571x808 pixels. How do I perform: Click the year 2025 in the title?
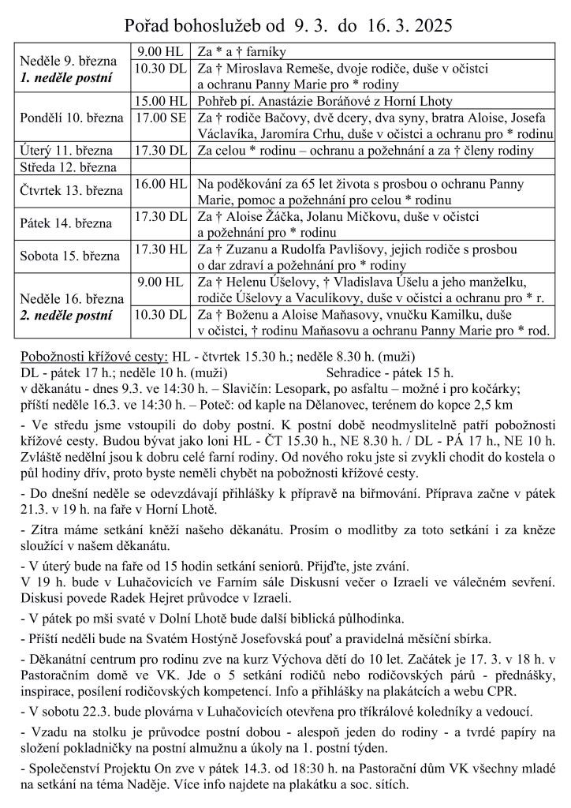click(430, 25)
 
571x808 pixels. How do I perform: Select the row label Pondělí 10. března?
click(72, 118)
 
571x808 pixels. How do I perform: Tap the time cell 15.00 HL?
click(161, 103)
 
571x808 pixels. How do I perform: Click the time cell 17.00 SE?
click(161, 118)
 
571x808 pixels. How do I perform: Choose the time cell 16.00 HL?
click(161, 183)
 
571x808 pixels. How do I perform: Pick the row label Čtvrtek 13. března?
click(72, 192)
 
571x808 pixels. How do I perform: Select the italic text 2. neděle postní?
click(66, 315)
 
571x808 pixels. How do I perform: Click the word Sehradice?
click(356, 372)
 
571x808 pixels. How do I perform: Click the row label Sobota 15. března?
click(69, 256)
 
